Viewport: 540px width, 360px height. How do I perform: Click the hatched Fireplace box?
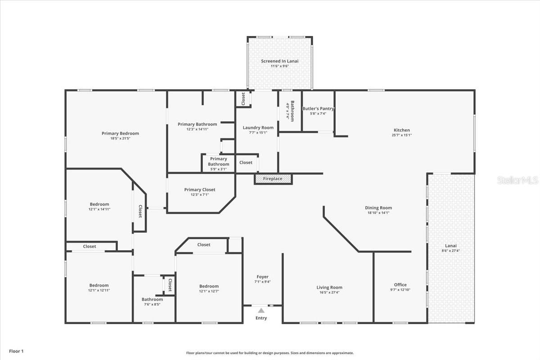(273, 179)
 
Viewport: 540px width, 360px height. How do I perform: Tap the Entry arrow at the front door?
(261, 310)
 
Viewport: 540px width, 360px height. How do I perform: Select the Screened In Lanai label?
(279, 61)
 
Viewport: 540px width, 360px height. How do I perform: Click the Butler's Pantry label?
(318, 108)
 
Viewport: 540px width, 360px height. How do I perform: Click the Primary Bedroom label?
(120, 133)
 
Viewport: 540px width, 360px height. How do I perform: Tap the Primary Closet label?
(199, 190)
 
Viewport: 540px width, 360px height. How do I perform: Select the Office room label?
(400, 284)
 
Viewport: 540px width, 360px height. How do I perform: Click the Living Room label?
(329, 287)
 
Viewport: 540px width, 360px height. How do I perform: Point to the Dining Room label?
(378, 208)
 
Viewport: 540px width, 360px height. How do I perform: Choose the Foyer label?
(262, 277)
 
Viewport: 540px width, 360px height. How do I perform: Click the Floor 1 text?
(16, 351)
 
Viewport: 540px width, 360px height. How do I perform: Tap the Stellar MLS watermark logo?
(517, 180)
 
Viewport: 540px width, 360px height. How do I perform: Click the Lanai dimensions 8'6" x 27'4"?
(450, 251)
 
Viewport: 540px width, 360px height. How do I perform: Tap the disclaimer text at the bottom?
(270, 353)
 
